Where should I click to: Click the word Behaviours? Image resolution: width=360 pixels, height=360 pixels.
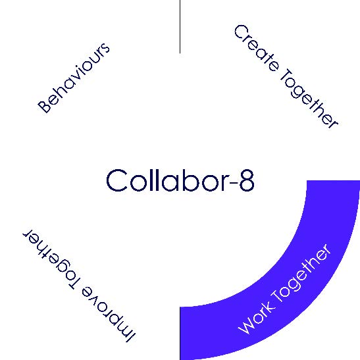coord(74,78)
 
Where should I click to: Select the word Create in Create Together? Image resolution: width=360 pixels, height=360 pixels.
coord(257,48)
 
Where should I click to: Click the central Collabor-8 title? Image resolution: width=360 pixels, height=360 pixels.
coord(180,180)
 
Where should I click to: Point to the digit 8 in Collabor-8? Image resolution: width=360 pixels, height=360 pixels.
coord(247,180)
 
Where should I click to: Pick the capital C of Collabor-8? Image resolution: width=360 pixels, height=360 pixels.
coord(116,180)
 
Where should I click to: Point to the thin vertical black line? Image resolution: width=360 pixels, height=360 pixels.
coord(180,26)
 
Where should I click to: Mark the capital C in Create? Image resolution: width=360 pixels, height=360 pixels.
coord(242,33)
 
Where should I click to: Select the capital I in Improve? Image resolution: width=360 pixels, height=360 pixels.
coord(130,337)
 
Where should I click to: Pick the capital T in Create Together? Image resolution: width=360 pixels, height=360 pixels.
coord(286,75)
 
